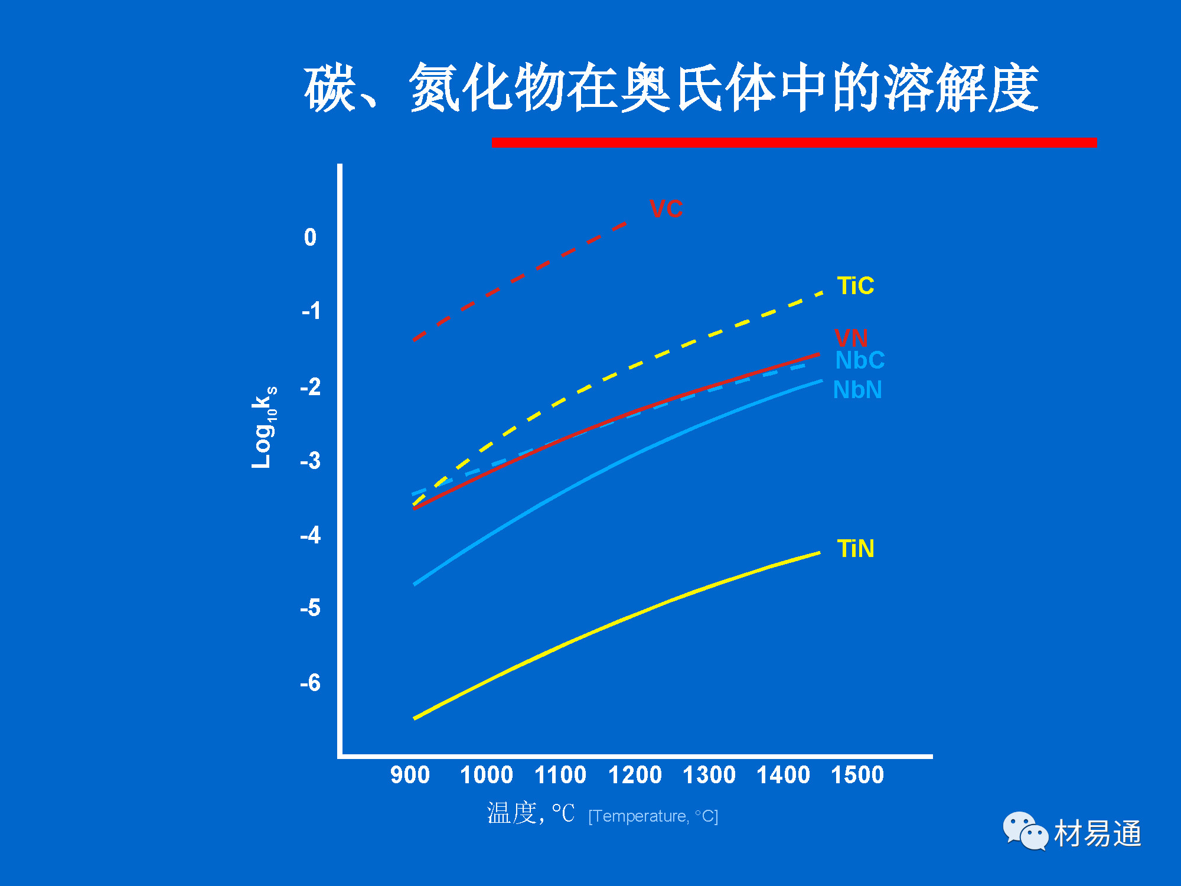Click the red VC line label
coord(666,209)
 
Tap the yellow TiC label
coord(855,286)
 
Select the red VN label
coord(851,338)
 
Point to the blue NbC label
coord(860,360)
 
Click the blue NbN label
coord(857,390)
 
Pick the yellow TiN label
coord(855,549)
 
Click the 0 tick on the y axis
coord(310,237)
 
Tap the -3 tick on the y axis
coord(310,461)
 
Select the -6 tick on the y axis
coord(310,683)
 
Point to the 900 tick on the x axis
coord(410,775)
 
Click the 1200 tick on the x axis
coord(635,775)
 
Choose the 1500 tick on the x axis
coord(857,775)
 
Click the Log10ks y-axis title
coord(263,427)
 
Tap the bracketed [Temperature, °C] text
coord(653,816)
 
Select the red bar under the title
coord(794,142)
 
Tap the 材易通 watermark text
coord(1097,833)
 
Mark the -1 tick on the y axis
coord(310,311)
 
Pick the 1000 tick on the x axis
coord(486,775)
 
